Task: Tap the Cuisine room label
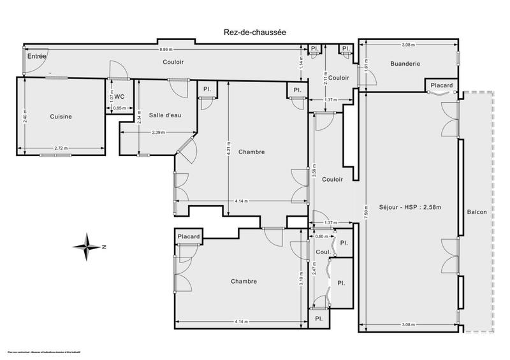pyautogui.click(x=61, y=117)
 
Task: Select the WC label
pyautogui.click(x=118, y=97)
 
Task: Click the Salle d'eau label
pyautogui.click(x=164, y=115)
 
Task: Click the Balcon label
pyautogui.click(x=477, y=212)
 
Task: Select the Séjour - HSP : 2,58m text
pyautogui.click(x=405, y=206)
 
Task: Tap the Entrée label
pyautogui.click(x=36, y=57)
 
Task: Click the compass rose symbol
pyautogui.click(x=89, y=246)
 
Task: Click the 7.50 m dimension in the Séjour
pyautogui.click(x=365, y=211)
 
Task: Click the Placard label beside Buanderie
pyautogui.click(x=441, y=85)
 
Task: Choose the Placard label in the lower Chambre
pyautogui.click(x=189, y=237)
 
